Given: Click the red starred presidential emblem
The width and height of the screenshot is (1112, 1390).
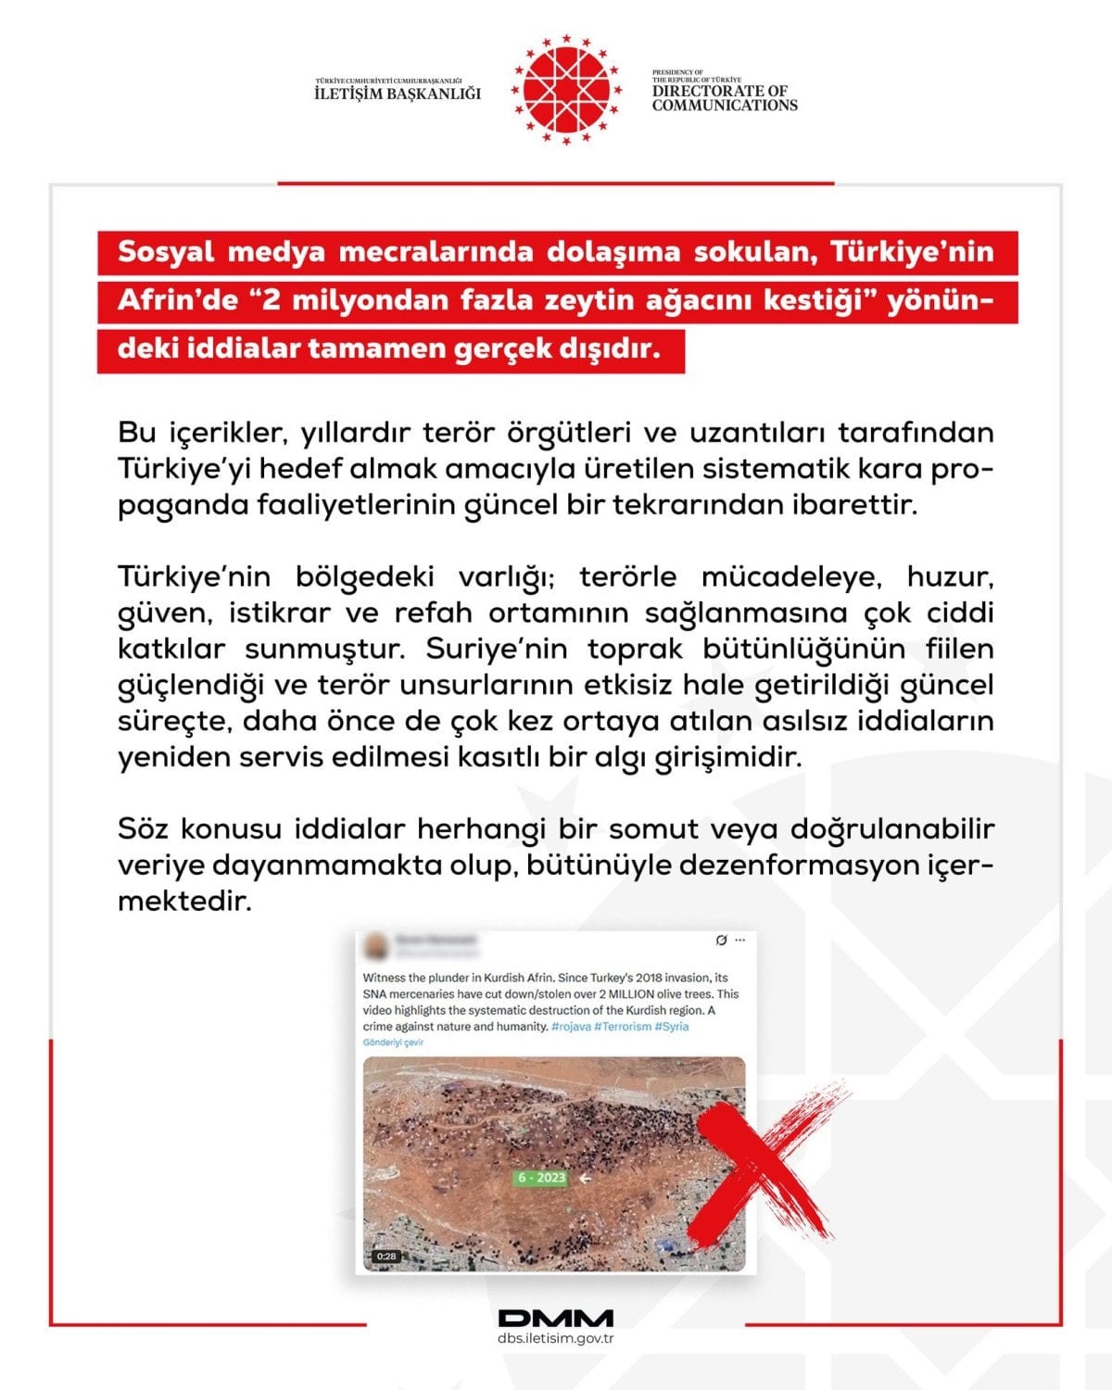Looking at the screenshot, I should coord(567,90).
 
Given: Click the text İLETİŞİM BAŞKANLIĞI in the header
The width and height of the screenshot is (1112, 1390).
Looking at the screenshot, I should coord(398,94).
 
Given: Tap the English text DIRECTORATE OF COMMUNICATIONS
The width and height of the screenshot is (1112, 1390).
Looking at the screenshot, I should coord(724,98).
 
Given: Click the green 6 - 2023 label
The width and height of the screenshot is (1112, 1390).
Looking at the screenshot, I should coord(541,1178).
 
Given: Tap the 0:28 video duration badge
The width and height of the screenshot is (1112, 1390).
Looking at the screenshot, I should coord(385,1257).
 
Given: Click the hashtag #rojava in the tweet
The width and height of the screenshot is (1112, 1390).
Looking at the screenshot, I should coord(570,1027).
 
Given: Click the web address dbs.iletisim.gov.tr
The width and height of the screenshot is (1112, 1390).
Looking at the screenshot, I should coord(556,1339).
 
